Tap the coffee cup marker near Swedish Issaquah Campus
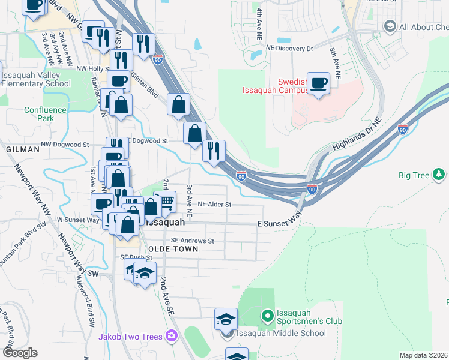point(318,83)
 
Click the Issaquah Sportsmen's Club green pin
point(267,314)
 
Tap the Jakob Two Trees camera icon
point(172,336)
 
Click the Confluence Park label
point(45,114)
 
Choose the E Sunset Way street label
point(279,223)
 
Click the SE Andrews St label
point(192,241)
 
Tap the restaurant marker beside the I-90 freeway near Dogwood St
point(214,151)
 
